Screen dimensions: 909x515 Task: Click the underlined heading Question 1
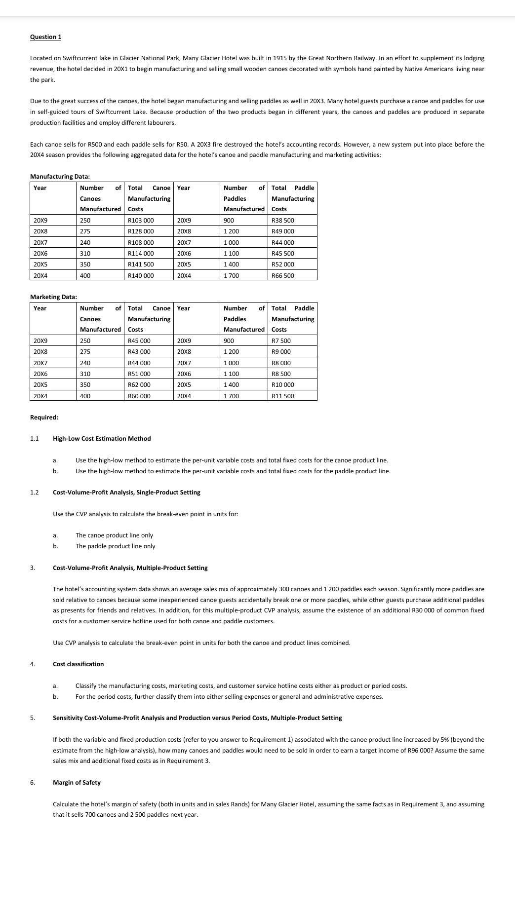pos(45,37)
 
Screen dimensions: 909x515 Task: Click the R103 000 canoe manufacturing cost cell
pos(141,221)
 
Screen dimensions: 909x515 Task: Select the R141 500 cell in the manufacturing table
pos(141,265)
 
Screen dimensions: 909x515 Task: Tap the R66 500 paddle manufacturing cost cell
pos(283,276)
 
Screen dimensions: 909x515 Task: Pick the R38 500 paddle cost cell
pos(283,221)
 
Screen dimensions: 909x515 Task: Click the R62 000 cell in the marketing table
pos(139,385)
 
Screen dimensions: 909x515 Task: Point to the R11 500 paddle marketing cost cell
pos(283,396)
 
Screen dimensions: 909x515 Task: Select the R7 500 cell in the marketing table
pos(281,341)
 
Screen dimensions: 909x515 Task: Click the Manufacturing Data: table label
pos(60,177)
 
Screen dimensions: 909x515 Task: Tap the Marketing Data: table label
pos(53,297)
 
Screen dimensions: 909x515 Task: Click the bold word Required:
pos(44,417)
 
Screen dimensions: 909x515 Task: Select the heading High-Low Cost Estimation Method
pos(102,439)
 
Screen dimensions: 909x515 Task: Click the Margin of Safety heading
pos(77,783)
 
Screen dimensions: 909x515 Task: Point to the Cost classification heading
pos(78,664)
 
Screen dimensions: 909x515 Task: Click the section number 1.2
pos(34,492)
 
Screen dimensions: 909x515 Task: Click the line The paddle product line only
pos(115,546)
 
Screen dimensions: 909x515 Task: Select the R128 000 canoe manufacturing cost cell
pos(141,231)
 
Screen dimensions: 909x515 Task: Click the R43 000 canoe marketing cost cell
pos(139,352)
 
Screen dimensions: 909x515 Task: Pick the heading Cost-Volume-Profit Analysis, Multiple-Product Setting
pos(130,568)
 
